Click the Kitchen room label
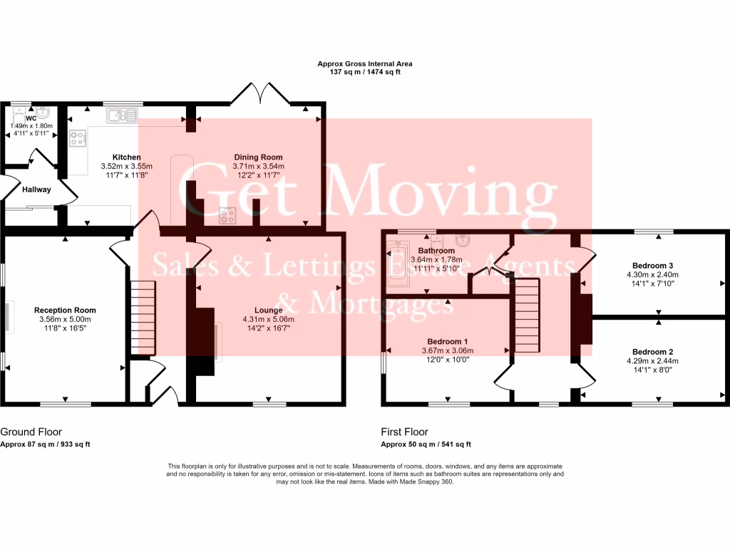[126, 157]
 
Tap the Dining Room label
[258, 157]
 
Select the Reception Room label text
[65, 311]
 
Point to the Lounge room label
[268, 311]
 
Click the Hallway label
[36, 189]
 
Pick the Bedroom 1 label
[447, 341]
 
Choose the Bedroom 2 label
[652, 352]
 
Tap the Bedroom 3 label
[652, 265]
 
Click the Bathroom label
[436, 251]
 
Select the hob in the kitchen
[77, 138]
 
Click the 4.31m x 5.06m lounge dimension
[268, 320]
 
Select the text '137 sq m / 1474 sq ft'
[365, 72]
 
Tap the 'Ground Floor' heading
[31, 432]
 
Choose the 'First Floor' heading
[404, 432]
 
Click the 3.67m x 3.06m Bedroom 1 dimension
[447, 350]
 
